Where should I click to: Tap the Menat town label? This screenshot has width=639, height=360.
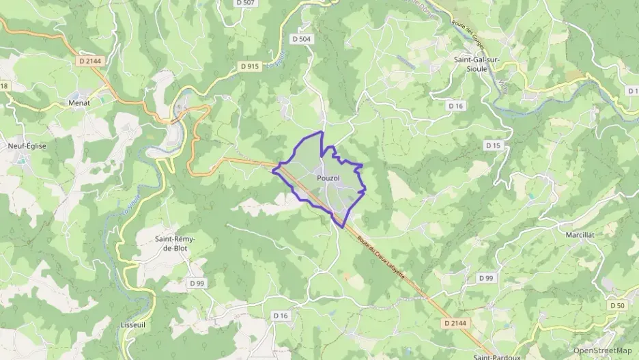pos(79,102)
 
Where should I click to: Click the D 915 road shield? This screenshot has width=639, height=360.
pos(250,66)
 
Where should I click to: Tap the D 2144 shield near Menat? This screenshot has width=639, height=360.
pos(89,61)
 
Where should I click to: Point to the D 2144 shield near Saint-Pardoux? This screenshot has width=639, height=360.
pos(457,322)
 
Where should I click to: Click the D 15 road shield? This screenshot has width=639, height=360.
pos(493,146)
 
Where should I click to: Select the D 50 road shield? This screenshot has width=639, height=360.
pos(618,305)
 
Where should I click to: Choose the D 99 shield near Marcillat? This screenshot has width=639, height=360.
pos(486,277)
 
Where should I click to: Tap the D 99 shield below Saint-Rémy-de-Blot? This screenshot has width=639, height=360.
pos(197,283)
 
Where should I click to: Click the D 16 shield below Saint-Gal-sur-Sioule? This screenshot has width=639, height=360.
pos(456,105)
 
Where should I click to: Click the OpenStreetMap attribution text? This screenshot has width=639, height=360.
pos(602,350)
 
